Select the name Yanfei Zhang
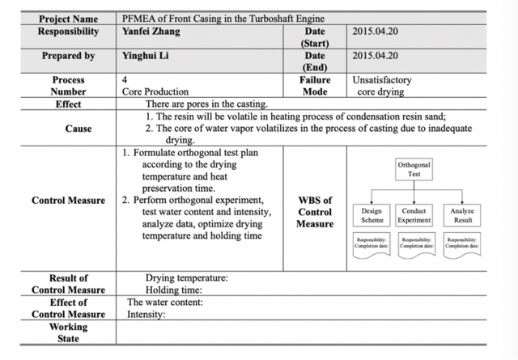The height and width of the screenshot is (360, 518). coord(151,32)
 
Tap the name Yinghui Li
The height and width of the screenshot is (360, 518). coord(146,57)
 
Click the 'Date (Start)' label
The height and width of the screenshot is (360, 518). coord(314,36)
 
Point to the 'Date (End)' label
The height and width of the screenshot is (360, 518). coord(314,61)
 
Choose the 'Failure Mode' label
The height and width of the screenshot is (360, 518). coord(314,86)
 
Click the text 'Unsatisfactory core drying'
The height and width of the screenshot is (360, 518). coord(383,86)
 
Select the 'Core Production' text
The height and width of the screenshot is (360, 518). coord(155,92)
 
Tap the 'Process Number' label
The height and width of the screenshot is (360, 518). coord(68,86)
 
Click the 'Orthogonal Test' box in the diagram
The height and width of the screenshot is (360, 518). coord(414,169)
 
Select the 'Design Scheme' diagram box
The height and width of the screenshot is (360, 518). coord(372,215)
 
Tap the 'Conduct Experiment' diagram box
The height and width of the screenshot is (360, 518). coord(414,215)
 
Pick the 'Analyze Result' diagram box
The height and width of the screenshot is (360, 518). coord(462,215)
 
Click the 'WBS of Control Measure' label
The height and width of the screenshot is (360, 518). coord(314,212)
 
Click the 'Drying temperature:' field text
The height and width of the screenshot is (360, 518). coord(186,278)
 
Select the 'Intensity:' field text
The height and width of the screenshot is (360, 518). coord(146,315)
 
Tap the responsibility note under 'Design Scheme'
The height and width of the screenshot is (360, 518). coord(372,244)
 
